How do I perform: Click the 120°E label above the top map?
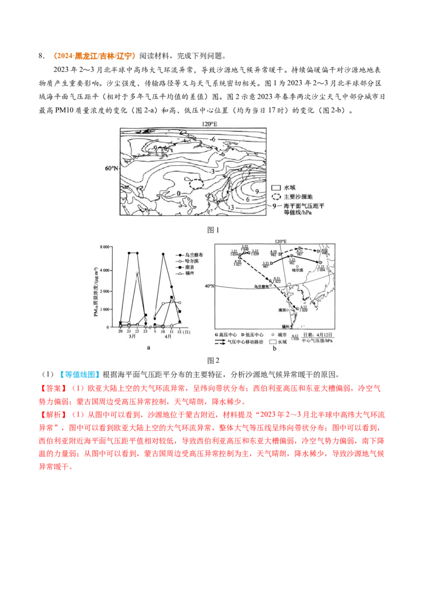209,124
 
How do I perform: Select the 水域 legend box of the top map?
276,188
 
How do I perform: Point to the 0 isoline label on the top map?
179,193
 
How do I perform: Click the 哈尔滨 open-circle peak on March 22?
137,273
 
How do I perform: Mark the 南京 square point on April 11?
171,297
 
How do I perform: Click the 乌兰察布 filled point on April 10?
163,254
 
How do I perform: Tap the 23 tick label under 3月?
145,331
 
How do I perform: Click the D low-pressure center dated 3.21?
271,262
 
